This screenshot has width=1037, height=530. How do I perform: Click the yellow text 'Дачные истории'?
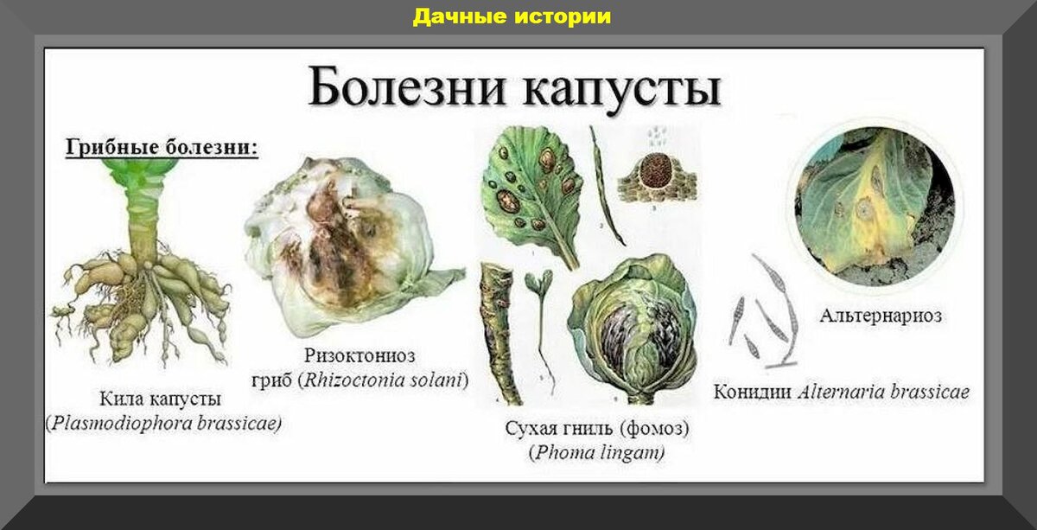512,16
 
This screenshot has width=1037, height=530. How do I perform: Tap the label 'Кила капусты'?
160,399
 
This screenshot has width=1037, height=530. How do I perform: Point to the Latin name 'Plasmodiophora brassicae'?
163,425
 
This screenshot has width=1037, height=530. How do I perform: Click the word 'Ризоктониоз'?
359,355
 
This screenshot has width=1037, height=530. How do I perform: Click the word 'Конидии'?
752,393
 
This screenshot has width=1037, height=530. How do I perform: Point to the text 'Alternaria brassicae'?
883,393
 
